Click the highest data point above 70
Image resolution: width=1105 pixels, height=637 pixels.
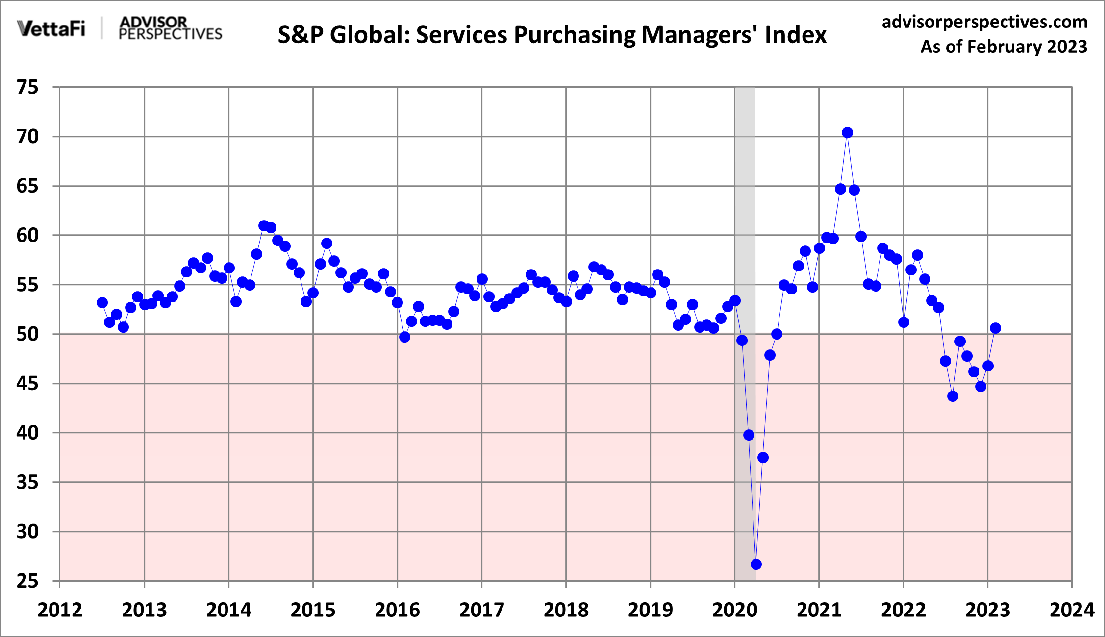coord(847,133)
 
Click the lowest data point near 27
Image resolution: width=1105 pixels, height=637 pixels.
coord(756,564)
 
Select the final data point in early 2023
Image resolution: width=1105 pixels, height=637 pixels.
coord(995,328)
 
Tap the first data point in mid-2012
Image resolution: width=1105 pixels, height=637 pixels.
coord(102,303)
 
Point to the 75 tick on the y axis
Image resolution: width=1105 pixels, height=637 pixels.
coord(27,88)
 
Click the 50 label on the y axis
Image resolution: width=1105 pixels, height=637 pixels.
coord(27,334)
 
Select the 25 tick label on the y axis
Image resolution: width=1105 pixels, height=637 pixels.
coord(27,581)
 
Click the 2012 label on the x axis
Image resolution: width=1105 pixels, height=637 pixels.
coord(60,611)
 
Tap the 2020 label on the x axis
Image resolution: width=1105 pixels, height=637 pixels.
coord(734,611)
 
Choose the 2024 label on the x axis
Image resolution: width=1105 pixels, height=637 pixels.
coord(1072,611)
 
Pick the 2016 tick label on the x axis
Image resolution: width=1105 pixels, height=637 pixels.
coord(397,611)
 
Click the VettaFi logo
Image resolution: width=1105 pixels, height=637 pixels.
coord(51,28)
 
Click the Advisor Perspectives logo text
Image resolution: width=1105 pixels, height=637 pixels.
coord(170,28)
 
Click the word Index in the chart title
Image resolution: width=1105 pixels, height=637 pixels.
coord(796,35)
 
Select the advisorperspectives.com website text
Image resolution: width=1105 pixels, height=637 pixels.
coord(984,22)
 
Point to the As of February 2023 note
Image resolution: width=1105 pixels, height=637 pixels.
coord(1004,47)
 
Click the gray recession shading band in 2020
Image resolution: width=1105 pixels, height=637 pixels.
coord(745,196)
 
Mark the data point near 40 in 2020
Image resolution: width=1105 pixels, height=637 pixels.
coord(749,435)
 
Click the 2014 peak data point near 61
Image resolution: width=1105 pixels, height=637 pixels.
coord(264,226)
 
